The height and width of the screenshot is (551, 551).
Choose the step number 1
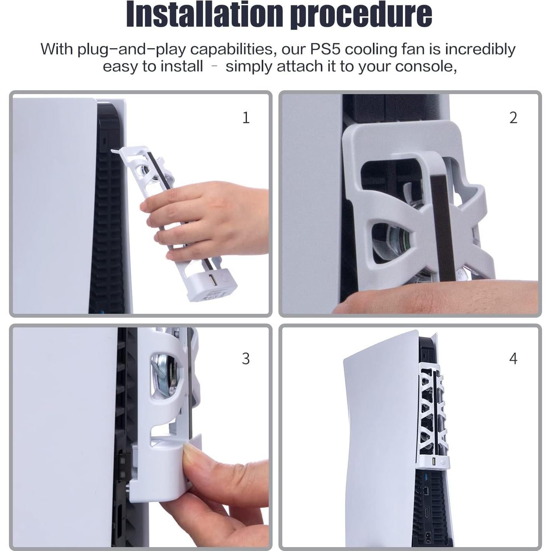[246, 117]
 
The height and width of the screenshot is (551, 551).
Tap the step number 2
[513, 118]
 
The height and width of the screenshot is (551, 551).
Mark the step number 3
[246, 359]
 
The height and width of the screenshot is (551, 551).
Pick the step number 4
[513, 359]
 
